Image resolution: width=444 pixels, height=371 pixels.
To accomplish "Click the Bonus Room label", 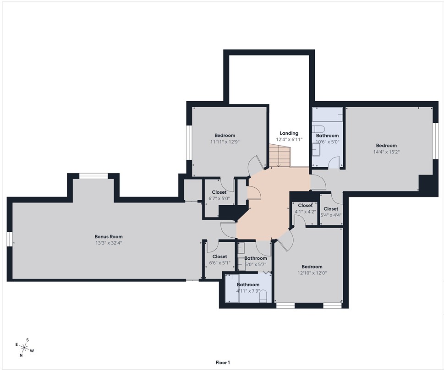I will tap(108, 236).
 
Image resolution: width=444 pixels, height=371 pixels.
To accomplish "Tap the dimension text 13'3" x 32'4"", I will tap(108, 243).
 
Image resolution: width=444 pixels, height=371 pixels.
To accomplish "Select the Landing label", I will tap(289, 133).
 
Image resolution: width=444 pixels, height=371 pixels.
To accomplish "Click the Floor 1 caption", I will tap(222, 362).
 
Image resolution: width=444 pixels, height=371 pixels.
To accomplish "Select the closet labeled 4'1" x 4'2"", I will tap(305, 209).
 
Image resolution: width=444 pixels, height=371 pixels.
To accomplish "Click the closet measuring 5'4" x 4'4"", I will tap(330, 212).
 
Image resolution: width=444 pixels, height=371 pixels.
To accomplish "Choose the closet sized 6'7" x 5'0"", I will tap(219, 196).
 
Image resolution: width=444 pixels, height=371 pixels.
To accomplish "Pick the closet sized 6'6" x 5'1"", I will tap(219, 260).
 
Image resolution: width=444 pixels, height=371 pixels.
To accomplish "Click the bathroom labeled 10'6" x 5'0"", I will tap(327, 138).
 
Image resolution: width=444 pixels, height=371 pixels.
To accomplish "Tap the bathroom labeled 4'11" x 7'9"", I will tap(248, 288).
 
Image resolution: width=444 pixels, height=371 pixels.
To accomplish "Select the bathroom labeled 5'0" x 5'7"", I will tap(255, 261).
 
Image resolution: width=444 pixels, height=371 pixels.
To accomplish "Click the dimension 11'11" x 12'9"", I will tap(225, 142).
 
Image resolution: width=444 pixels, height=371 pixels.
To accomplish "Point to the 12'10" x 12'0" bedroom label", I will tap(312, 270).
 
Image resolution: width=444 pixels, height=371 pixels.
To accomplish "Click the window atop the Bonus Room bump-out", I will tap(93, 175).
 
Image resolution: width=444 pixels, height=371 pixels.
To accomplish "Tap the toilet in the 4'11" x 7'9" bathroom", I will tap(263, 298).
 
